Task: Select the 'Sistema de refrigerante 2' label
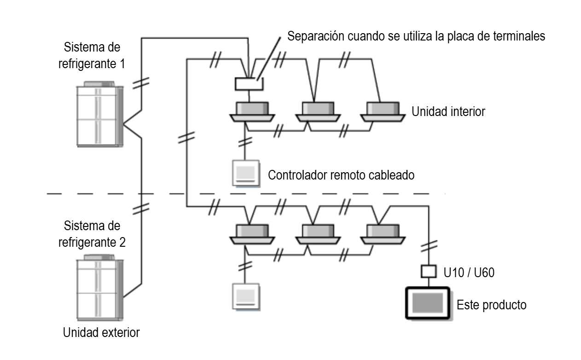click(92, 234)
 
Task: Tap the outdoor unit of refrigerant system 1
click(99, 115)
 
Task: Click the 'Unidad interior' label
click(448, 111)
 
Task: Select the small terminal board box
click(248, 84)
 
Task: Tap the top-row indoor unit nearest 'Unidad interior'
click(383, 112)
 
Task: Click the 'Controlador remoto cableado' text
click(341, 175)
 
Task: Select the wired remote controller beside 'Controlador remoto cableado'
click(246, 173)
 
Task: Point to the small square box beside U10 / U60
click(428, 272)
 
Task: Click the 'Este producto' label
click(491, 305)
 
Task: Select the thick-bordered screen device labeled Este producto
click(428, 303)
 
